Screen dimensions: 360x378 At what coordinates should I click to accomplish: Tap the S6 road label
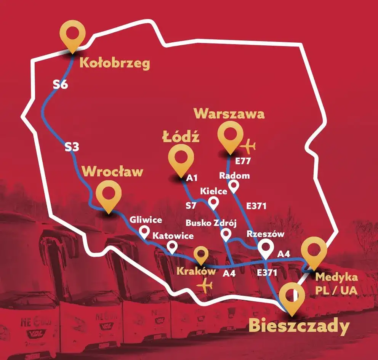[60, 85]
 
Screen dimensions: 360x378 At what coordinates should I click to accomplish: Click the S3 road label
[71, 147]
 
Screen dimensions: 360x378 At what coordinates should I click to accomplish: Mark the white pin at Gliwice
[144, 231]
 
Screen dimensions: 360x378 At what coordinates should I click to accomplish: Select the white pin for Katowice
[173, 247]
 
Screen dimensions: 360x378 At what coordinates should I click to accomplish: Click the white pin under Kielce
[214, 202]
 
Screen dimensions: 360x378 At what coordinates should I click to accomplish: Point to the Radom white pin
[234, 186]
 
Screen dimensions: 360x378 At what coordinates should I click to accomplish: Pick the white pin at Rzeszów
[266, 248]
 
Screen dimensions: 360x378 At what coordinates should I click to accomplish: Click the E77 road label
[243, 162]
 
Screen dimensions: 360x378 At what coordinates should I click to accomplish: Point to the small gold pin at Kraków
[200, 254]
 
